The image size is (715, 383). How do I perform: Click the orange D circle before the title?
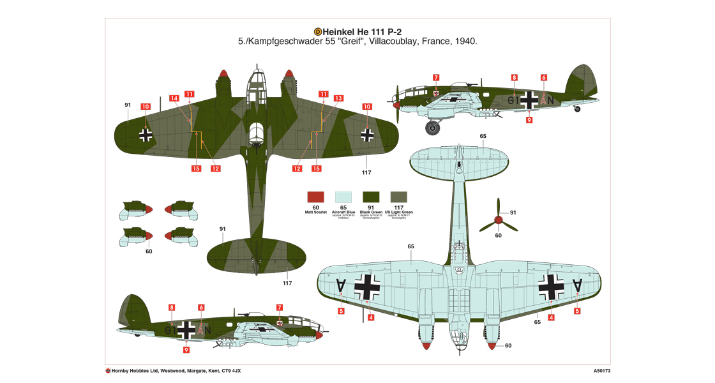coord(319,31)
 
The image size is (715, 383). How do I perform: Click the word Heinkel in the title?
coord(342,31)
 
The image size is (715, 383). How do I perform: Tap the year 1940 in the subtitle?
coord(466,41)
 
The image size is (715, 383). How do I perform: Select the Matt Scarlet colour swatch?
coord(317,197)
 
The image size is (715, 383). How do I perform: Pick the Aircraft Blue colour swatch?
coord(343,197)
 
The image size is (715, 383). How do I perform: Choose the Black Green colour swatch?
coord(371,197)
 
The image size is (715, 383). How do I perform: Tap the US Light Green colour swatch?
coord(399,197)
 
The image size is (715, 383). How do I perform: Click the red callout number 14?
coord(174,98)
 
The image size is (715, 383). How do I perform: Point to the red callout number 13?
coord(338,98)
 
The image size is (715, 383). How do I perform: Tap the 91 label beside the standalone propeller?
coord(513,212)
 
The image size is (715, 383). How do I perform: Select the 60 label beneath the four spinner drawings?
coord(149,251)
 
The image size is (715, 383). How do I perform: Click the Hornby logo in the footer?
coord(109,370)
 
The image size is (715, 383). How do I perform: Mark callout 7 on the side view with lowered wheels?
coord(435,78)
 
